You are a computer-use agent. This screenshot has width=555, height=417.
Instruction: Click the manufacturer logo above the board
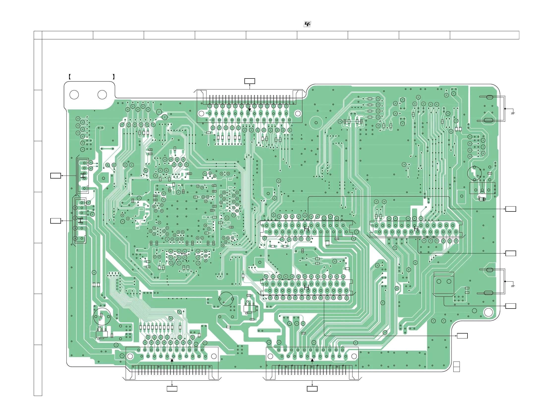pos(307,24)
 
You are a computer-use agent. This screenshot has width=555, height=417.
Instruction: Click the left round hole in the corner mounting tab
pos(74,95)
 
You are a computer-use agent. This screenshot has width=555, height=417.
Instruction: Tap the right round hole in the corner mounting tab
pos(102,95)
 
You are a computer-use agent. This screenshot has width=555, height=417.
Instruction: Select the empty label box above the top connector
pos(250,81)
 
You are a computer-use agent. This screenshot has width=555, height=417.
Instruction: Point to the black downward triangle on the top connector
pos(250,110)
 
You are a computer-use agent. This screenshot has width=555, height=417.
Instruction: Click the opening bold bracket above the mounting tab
pos(69,77)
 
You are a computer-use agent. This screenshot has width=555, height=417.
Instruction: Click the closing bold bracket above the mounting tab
pos(114,77)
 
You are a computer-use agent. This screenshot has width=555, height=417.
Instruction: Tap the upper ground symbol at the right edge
pos(513,113)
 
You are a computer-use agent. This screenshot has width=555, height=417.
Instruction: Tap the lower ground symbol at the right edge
pos(513,286)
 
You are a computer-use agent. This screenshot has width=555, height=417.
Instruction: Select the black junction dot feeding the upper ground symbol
pos(505,109)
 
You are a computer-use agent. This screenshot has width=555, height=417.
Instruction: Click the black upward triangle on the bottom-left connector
pos(172,361)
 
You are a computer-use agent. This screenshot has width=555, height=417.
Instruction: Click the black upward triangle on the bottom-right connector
pos(312,361)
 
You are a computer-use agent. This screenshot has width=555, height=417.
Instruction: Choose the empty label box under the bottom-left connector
pos(172,389)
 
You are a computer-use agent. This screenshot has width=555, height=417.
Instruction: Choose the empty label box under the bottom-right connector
pos(312,389)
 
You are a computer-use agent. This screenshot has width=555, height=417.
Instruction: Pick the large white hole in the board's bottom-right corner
pos(489,313)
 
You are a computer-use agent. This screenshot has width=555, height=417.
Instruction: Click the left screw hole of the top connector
pos(201,113)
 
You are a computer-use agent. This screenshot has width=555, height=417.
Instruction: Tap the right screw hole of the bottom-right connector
pos(354,356)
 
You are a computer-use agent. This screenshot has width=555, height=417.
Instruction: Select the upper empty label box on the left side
pos(56,176)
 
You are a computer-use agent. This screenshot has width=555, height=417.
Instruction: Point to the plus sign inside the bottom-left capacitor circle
pos(100,320)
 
